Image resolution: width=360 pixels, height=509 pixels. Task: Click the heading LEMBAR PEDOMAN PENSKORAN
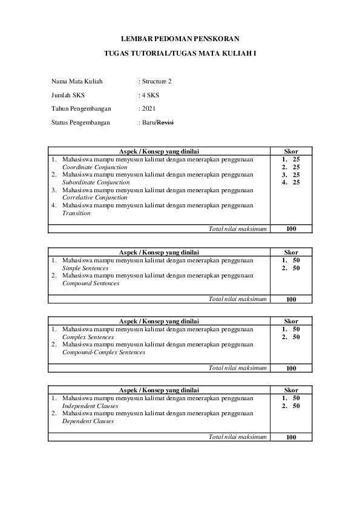coord(180,38)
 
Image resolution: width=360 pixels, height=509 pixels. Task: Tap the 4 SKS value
coord(151,95)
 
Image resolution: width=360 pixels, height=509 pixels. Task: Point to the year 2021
coord(148,109)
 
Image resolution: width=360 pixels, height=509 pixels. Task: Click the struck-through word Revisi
coord(165,123)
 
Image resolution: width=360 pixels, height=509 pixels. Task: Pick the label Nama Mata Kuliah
coord(77,81)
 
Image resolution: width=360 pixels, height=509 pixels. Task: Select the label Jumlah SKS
coord(68,95)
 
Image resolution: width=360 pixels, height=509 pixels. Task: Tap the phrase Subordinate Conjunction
coord(96,182)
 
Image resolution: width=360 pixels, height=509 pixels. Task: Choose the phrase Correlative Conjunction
coord(95,197)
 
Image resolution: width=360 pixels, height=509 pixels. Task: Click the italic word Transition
coord(76,213)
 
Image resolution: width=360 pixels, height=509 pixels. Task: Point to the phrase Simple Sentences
coord(86,268)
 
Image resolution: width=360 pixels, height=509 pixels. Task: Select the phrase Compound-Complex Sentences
coord(103,352)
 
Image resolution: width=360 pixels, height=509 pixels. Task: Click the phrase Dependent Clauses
coord(88,421)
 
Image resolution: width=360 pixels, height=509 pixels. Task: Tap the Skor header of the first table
coord(291,151)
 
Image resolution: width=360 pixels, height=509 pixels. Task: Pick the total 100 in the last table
coord(291,437)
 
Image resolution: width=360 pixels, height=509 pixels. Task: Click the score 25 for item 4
coord(296,182)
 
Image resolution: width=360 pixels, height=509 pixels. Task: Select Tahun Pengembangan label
coord(81,109)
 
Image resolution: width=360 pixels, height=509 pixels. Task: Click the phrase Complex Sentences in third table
coord(88,337)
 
